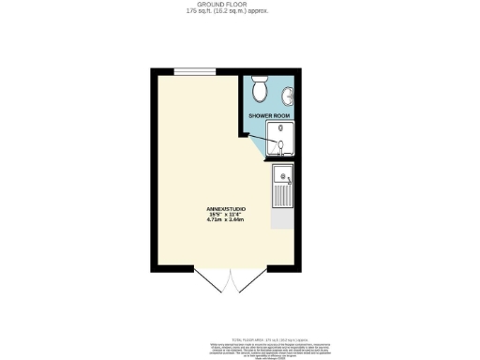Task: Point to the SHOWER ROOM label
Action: (269, 115)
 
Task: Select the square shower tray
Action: (279, 138)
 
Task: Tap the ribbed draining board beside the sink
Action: (281, 195)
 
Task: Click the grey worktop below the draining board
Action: (281, 218)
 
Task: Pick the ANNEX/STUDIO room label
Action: (226, 207)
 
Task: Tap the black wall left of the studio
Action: (152, 169)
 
